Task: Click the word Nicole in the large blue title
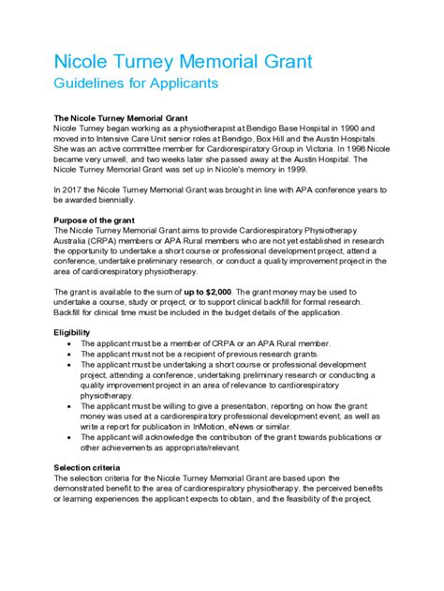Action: (x=61, y=64)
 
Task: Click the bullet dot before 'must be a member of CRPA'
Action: (x=72, y=344)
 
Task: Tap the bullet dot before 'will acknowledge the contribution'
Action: (x=72, y=437)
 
